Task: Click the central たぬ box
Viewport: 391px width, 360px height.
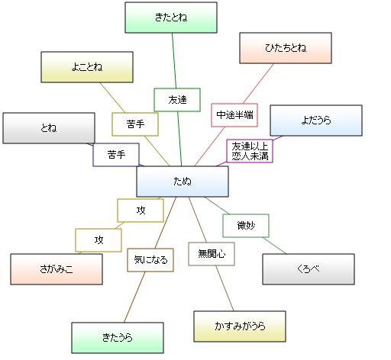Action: pyautogui.click(x=183, y=182)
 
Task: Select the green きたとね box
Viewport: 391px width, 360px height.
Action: pyautogui.click(x=171, y=18)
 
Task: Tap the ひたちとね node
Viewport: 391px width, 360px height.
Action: pyautogui.click(x=286, y=48)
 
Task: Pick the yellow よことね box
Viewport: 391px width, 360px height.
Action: pyautogui.click(x=87, y=67)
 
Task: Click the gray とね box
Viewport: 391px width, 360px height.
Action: pyautogui.click(x=49, y=128)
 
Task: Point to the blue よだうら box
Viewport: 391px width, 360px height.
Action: pyautogui.click(x=316, y=121)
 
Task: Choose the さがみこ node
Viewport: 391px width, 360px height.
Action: pyautogui.click(x=57, y=269)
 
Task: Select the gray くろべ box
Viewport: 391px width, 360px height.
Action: pyautogui.click(x=309, y=269)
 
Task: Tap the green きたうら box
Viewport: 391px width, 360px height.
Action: pyautogui.click(x=118, y=338)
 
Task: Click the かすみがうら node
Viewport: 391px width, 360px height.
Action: pyautogui.click(x=240, y=326)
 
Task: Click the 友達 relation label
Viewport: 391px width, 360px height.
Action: pyautogui.click(x=177, y=100)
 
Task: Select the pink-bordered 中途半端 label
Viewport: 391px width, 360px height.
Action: pyautogui.click(x=234, y=115)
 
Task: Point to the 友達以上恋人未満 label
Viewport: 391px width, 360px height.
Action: pyautogui.click(x=250, y=151)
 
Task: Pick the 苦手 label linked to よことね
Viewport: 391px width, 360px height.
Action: pyautogui.click(x=135, y=124)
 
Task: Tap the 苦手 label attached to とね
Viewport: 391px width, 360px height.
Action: pyautogui.click(x=116, y=155)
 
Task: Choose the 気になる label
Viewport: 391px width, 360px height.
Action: pyautogui.click(x=150, y=260)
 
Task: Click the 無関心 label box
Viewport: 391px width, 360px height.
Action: pyautogui.click(x=212, y=254)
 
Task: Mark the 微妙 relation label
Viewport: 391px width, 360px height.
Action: pyautogui.click(x=246, y=226)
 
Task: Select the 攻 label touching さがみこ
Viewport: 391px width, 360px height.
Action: pyautogui.click(x=99, y=240)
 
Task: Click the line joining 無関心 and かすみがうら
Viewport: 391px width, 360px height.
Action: pyautogui.click(x=225, y=288)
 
